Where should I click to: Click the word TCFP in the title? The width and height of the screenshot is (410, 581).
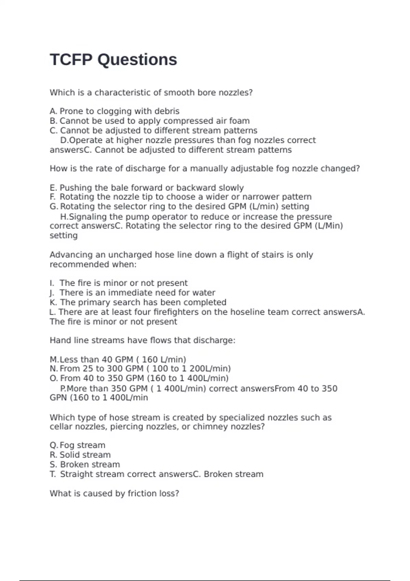pyautogui.click(x=71, y=60)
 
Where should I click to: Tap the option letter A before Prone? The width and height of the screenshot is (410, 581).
pyautogui.click(x=53, y=111)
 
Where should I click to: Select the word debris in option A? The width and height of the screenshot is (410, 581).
pyautogui.click(x=167, y=111)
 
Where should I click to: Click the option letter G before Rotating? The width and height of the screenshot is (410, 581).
pyautogui.click(x=53, y=206)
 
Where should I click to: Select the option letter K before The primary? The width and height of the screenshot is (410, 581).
pyautogui.click(x=53, y=302)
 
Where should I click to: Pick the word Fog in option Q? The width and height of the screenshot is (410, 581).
pyautogui.click(x=67, y=445)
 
